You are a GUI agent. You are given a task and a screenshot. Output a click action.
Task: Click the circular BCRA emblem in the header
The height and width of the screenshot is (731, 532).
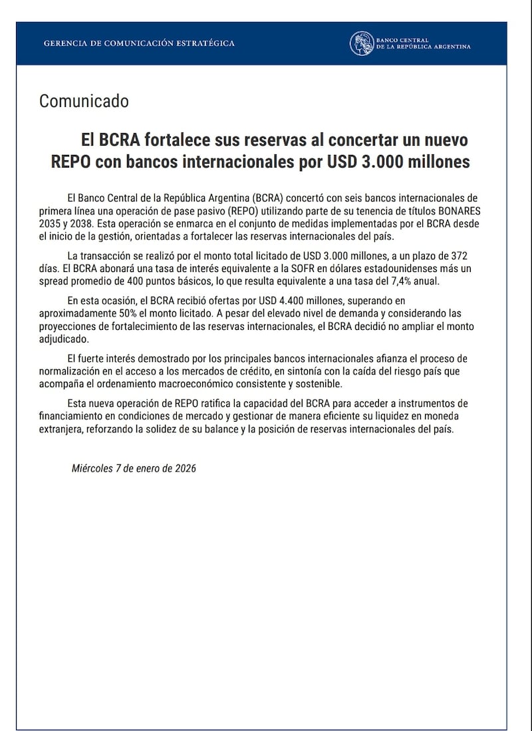pos(361,44)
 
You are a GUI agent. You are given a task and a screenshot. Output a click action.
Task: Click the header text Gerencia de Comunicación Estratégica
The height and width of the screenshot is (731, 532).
pos(139,43)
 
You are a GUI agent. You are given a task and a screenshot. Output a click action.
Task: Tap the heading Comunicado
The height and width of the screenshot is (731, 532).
pos(84,101)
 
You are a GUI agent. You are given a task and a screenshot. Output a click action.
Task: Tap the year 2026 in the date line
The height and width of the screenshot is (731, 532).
pos(185,468)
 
